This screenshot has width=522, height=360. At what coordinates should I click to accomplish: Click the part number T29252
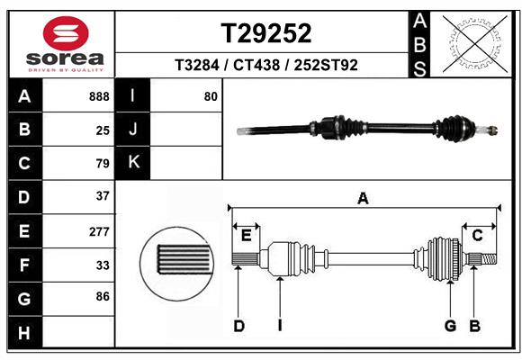click(266, 33)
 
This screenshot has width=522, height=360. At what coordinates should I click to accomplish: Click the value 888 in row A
click(99, 96)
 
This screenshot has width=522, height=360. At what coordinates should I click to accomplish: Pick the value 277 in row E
click(99, 231)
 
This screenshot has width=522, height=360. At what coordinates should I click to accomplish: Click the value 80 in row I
click(211, 96)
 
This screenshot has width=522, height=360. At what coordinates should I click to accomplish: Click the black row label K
click(133, 163)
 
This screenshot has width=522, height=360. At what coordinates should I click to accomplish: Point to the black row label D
click(24, 196)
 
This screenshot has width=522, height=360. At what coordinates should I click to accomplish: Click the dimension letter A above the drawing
click(363, 199)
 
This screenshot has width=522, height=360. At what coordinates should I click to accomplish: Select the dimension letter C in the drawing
click(478, 236)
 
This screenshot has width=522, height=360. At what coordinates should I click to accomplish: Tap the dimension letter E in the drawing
click(246, 236)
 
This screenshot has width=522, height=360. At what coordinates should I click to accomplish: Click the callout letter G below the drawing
click(449, 326)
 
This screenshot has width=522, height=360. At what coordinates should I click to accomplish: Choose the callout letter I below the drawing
click(280, 326)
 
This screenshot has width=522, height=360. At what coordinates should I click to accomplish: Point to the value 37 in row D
click(102, 196)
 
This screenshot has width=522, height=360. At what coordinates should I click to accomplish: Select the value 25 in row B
click(102, 130)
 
